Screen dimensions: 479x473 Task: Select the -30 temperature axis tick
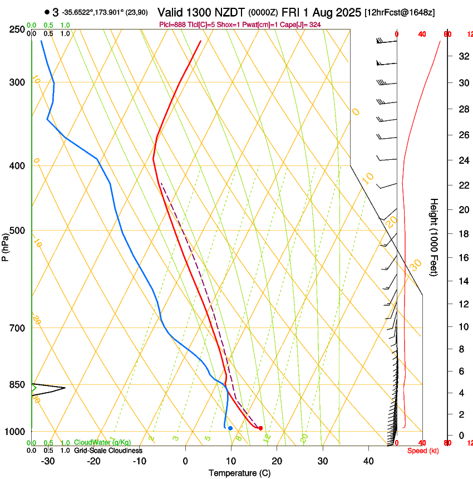48,461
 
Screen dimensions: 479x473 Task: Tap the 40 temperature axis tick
368,461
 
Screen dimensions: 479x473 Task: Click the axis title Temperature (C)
239,473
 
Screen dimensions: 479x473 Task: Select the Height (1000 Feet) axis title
434,237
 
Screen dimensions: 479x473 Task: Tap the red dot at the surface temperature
260,428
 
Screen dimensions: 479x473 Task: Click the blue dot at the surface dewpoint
230,428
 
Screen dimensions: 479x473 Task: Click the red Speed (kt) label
423,450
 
